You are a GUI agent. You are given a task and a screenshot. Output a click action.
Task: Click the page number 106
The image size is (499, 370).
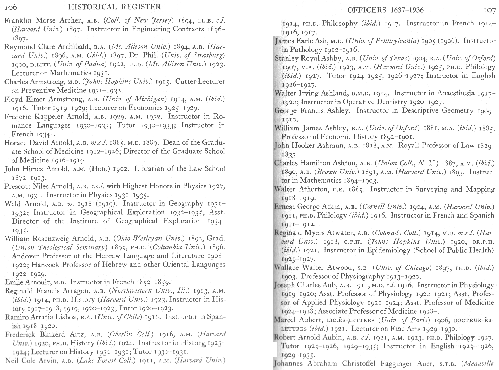(x=11, y=7)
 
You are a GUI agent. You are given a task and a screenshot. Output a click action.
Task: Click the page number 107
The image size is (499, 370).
(x=489, y=10)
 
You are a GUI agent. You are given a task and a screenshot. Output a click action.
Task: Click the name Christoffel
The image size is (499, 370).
(x=358, y=364)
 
